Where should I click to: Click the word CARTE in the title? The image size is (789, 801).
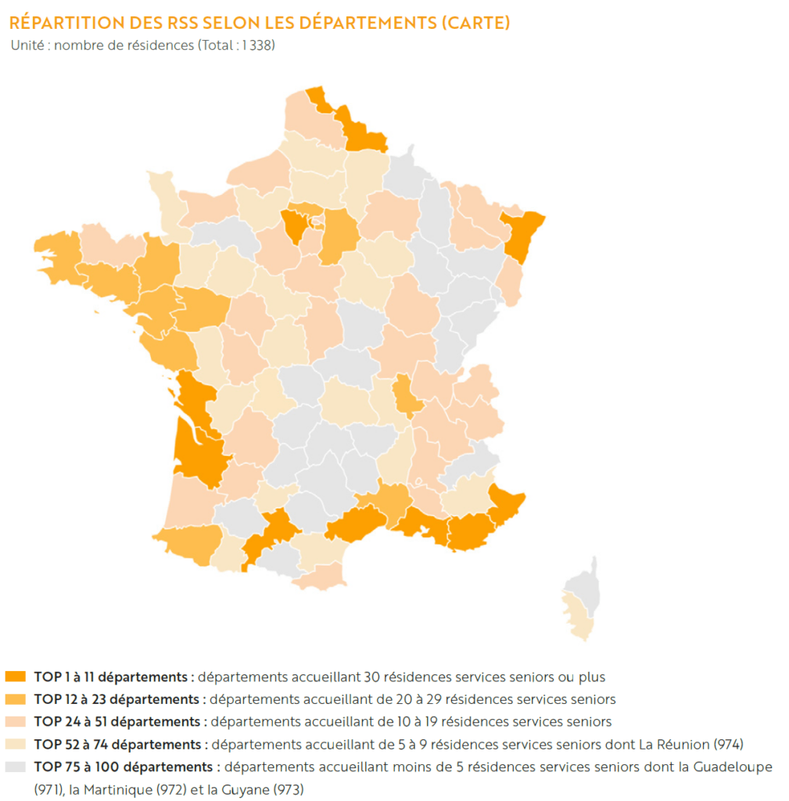pos(476,23)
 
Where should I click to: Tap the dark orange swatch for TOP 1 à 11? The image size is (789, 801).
pos(16,677)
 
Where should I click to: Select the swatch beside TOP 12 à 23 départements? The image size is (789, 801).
pos(16,699)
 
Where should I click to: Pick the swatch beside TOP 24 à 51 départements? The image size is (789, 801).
pos(16,721)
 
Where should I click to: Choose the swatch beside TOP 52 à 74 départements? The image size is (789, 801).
pos(16,744)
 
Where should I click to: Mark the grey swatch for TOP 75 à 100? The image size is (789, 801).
pos(16,767)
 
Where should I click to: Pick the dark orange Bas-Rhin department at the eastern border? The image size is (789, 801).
pos(522,235)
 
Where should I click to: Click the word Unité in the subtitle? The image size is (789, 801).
pos(27,45)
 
